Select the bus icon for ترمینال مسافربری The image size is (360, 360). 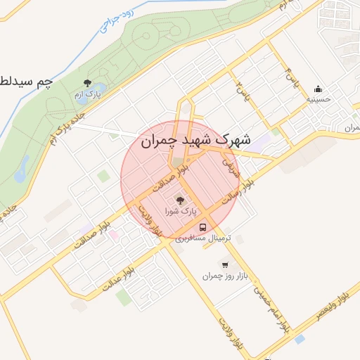pyautogui.click(x=203, y=227)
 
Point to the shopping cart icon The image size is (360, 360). pyautogui.click(x=224, y=265)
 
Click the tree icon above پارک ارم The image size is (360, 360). pyautogui.click(x=87, y=83)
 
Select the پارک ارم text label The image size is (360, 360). pyautogui.click(x=89, y=94)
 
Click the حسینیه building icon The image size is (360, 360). pyautogui.click(x=318, y=89)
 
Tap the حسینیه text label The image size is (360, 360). pyautogui.click(x=318, y=101)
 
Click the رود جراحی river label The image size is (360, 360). pyautogui.click(x=114, y=18)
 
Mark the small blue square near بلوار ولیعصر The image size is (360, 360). pyautogui.click(x=300, y=340)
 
